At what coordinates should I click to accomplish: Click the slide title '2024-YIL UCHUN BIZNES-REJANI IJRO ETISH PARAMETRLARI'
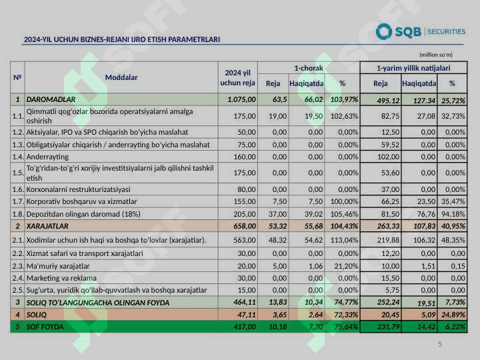(x=122, y=40)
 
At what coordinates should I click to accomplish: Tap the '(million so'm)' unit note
(x=436, y=55)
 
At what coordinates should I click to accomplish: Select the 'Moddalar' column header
(x=121, y=77)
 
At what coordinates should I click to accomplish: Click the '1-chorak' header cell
(x=309, y=68)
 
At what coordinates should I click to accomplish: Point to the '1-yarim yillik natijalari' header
(x=413, y=68)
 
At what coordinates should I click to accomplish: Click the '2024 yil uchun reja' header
(x=238, y=77)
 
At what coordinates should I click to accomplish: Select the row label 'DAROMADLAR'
(x=46, y=100)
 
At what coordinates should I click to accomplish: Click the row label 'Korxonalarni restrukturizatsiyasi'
(x=78, y=189)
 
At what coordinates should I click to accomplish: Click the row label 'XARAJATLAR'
(x=47, y=227)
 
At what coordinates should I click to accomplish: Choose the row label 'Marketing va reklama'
(x=61, y=278)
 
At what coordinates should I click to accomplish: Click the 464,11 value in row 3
(x=243, y=303)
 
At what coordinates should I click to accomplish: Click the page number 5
(x=440, y=344)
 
